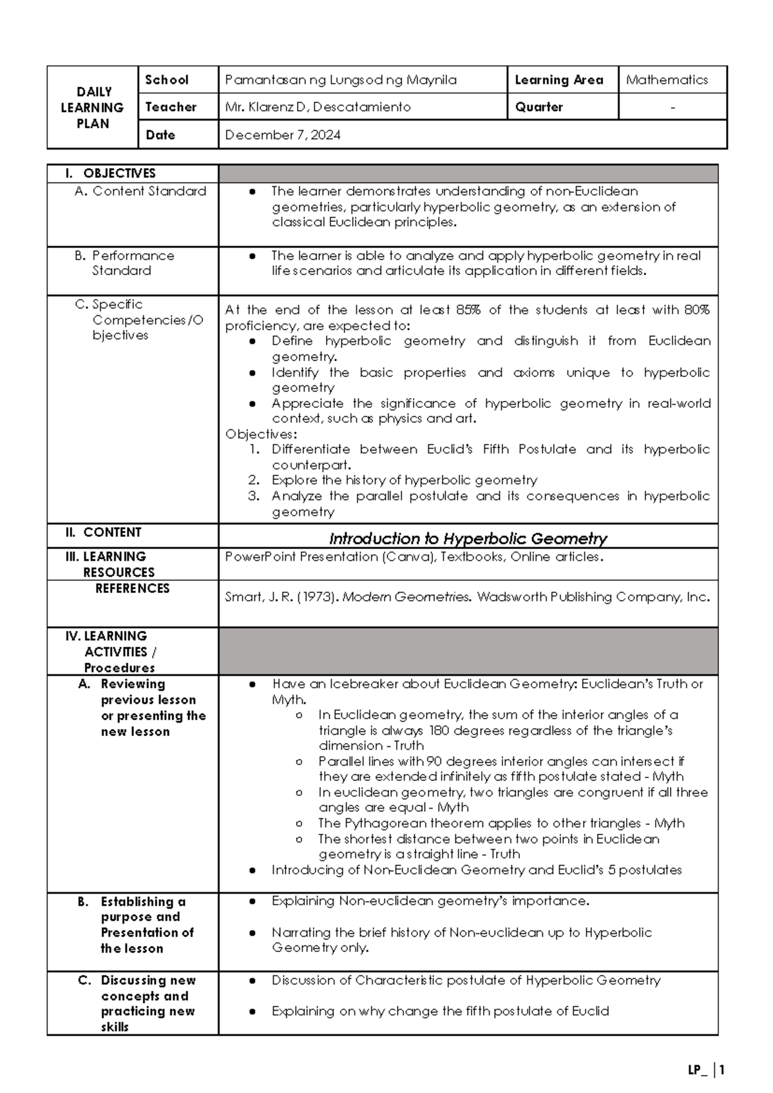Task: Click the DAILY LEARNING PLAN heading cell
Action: click(93, 108)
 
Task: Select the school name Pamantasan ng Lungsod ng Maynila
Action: click(341, 80)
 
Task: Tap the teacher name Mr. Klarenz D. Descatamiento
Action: click(318, 107)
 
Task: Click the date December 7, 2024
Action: click(283, 135)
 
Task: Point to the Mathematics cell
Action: click(667, 80)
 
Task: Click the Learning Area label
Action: click(558, 80)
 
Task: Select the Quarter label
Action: click(539, 107)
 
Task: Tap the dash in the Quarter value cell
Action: click(673, 108)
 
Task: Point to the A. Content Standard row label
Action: click(140, 191)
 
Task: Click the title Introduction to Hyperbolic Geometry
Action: click(468, 538)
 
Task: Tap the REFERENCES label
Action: click(132, 588)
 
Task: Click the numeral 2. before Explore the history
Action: click(254, 480)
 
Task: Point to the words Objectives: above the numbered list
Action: click(261, 434)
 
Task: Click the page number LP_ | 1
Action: click(706, 1070)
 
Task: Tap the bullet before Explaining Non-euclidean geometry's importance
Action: click(253, 901)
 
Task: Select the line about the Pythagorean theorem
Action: click(501, 823)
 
